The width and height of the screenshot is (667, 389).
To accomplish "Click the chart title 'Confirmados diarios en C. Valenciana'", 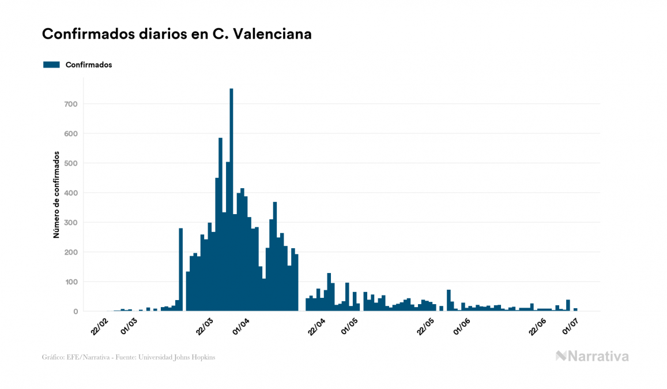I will point(177,34).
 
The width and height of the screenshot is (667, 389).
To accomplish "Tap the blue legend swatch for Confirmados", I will point(51,65).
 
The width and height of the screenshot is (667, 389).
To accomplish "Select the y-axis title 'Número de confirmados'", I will point(56,195).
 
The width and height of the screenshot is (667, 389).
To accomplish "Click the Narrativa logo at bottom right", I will point(592,356).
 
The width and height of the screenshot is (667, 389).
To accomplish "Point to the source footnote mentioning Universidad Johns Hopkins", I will point(129,357).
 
